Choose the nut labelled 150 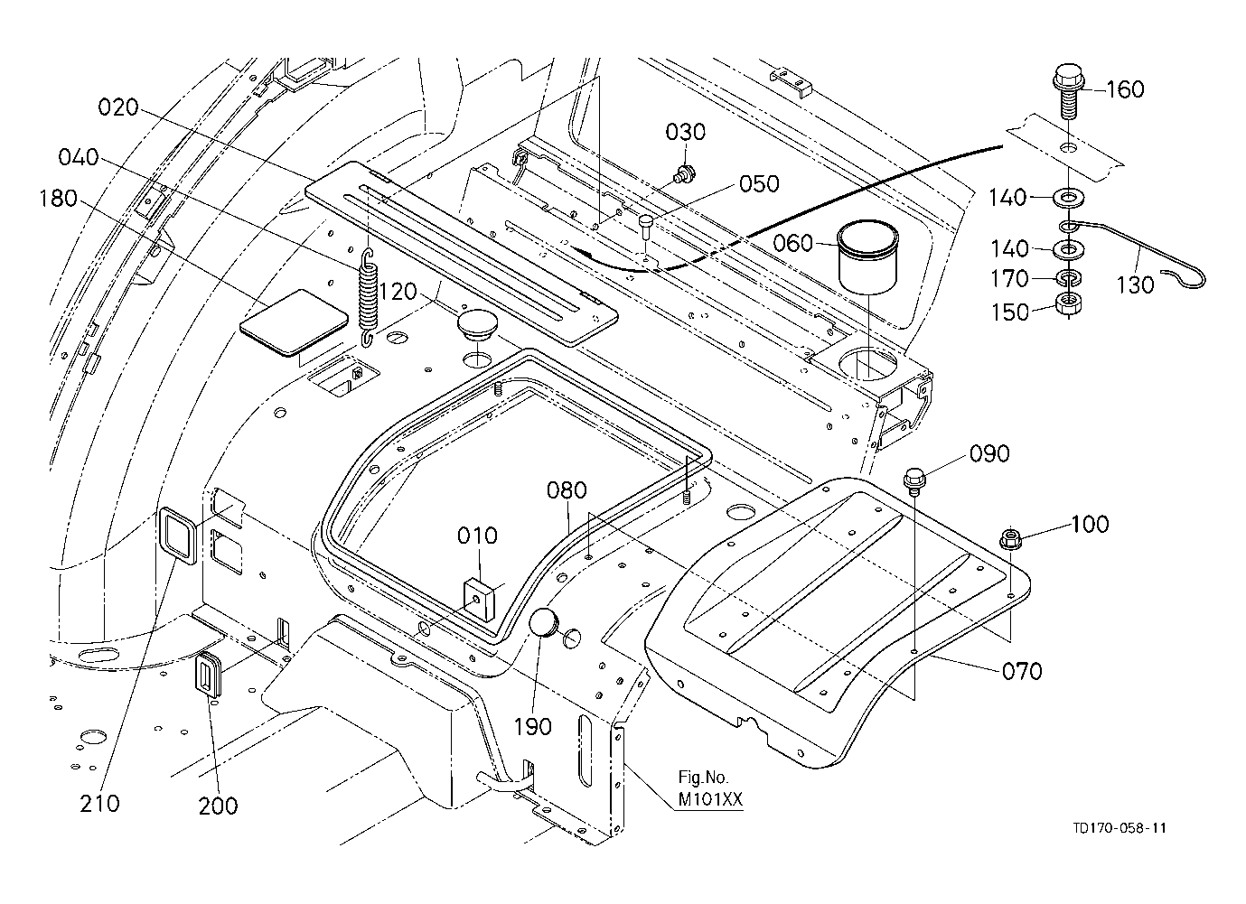point(1068,303)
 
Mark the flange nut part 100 point(1008,540)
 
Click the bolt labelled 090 point(913,477)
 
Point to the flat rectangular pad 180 point(295,321)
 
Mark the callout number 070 point(1021,671)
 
